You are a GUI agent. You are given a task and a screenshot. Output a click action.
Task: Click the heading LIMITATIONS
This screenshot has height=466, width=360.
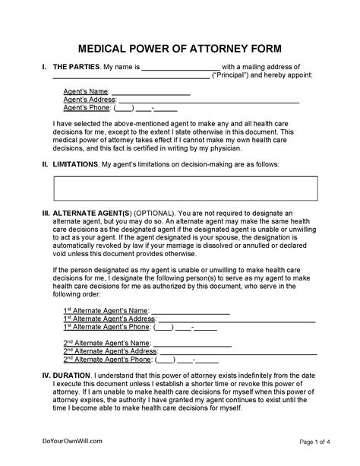tap(74, 164)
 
